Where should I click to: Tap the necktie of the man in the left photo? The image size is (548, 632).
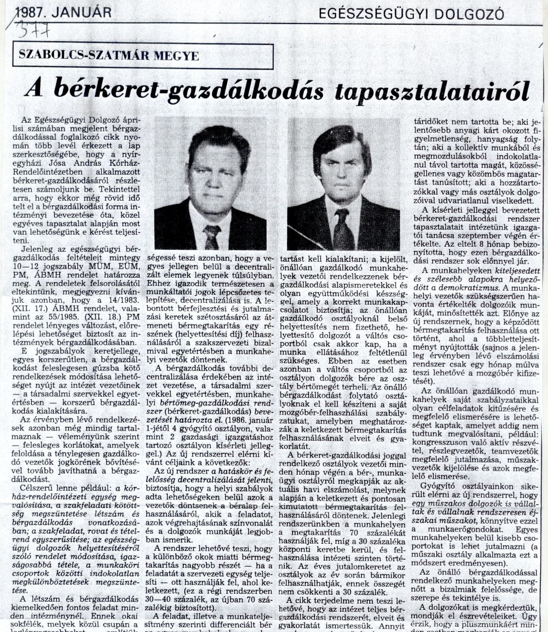click(212, 236)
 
